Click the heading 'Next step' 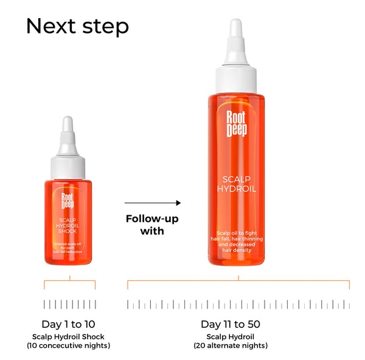coord(77,26)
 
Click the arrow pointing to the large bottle coord(153,203)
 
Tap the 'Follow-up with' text coord(152,224)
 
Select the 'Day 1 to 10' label coord(68,324)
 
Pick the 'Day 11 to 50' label coord(238,324)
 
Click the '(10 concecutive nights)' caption coord(68,345)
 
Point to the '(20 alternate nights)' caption coord(238,345)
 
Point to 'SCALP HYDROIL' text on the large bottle coord(237,184)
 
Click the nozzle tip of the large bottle coord(235,26)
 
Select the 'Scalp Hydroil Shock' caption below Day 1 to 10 coord(68,336)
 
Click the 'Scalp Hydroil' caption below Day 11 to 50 coord(238,336)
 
